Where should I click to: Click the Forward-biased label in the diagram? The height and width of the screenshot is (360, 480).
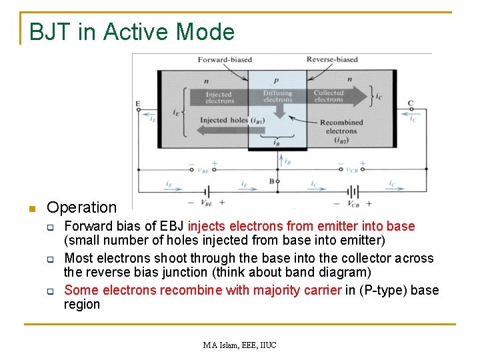pyautogui.click(x=225, y=59)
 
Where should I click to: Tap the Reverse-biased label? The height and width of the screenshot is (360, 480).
pyautogui.click(x=333, y=59)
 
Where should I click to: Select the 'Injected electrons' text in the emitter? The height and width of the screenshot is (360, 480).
pyautogui.click(x=219, y=97)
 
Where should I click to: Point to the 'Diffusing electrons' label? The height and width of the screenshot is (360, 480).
pyautogui.click(x=277, y=96)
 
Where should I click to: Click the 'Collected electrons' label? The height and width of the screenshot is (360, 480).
pyautogui.click(x=329, y=96)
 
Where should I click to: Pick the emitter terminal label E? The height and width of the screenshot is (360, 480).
pyautogui.click(x=138, y=104)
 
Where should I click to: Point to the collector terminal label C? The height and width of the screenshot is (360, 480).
pyautogui.click(x=411, y=103)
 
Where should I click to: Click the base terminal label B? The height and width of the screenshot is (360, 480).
pyautogui.click(x=271, y=181)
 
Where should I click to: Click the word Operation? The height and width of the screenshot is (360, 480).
pyautogui.click(x=81, y=207)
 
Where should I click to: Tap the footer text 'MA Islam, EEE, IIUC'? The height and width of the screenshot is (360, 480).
pyautogui.click(x=239, y=345)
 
